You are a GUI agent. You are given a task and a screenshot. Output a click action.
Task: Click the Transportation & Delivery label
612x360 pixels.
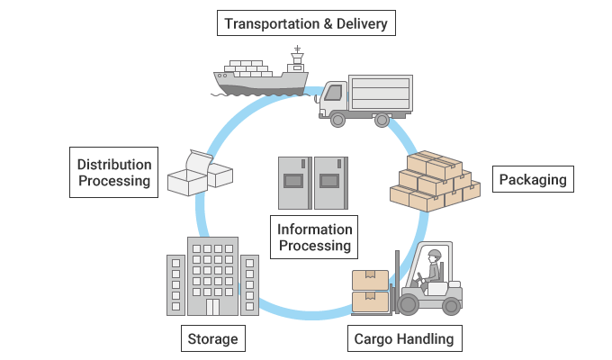[x=306, y=22]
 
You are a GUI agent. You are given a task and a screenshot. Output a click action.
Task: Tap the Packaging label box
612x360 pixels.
[x=534, y=179]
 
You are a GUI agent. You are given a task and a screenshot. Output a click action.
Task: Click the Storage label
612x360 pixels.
[x=212, y=339]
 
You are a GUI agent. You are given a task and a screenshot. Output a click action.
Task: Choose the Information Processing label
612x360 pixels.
[x=314, y=238]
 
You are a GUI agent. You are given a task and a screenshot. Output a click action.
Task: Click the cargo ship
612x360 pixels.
[x=261, y=79]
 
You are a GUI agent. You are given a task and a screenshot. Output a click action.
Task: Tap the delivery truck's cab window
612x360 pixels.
[x=334, y=92]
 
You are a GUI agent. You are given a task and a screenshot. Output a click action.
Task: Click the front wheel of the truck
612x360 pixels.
[x=338, y=119]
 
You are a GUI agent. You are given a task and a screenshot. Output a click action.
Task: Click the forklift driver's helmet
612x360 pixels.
[x=435, y=256]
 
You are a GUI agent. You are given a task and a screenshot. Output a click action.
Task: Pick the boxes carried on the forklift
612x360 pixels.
[x=370, y=291]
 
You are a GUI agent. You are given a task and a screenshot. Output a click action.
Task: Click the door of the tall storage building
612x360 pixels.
[x=212, y=307]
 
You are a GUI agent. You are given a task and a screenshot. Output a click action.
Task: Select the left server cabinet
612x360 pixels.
[x=293, y=183]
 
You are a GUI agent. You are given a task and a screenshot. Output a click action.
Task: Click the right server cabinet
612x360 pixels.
[x=330, y=183]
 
